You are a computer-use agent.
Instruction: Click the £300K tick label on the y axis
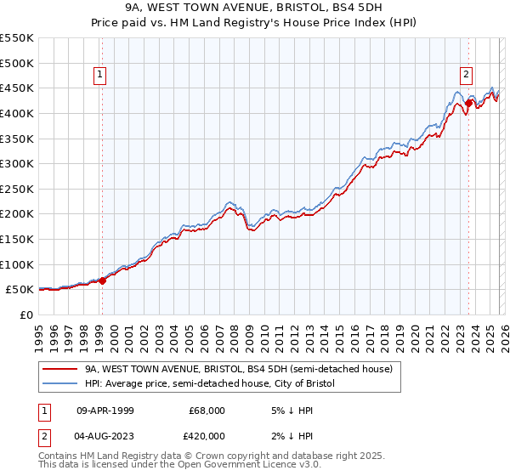pos(17,163)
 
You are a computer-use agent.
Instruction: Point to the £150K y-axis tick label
pos(17,239)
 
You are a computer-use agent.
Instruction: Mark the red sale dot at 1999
pos(102,280)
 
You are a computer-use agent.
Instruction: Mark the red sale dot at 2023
pos(468,103)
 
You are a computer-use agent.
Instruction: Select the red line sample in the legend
pos(60,370)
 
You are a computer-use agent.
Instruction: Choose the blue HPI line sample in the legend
pos(60,384)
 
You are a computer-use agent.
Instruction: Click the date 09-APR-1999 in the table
pos(105,411)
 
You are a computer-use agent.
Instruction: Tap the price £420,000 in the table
pos(207,435)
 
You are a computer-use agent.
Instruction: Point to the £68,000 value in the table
pos(207,411)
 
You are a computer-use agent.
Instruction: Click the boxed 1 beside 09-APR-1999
pos(43,411)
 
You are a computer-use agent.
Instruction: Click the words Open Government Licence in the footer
pos(184,467)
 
